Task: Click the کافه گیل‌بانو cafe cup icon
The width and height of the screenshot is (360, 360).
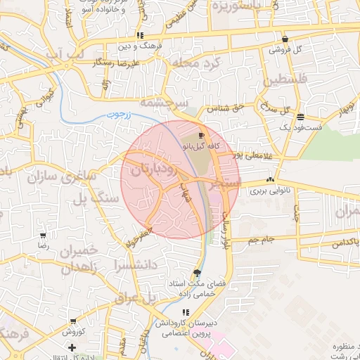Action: click(202, 136)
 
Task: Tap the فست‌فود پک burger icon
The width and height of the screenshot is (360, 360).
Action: click(301, 117)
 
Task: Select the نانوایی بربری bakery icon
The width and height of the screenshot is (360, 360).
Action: click(271, 180)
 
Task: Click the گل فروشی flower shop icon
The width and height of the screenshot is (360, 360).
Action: click(285, 39)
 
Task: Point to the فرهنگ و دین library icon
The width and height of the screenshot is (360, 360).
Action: click(141, 35)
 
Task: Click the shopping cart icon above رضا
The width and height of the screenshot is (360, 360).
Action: click(44, 236)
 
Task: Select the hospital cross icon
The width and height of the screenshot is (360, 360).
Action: click(72, 347)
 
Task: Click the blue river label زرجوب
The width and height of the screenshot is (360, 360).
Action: click(121, 114)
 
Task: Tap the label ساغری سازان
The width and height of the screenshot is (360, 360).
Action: click(61, 176)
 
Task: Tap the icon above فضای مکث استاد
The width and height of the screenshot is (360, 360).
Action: click(196, 273)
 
